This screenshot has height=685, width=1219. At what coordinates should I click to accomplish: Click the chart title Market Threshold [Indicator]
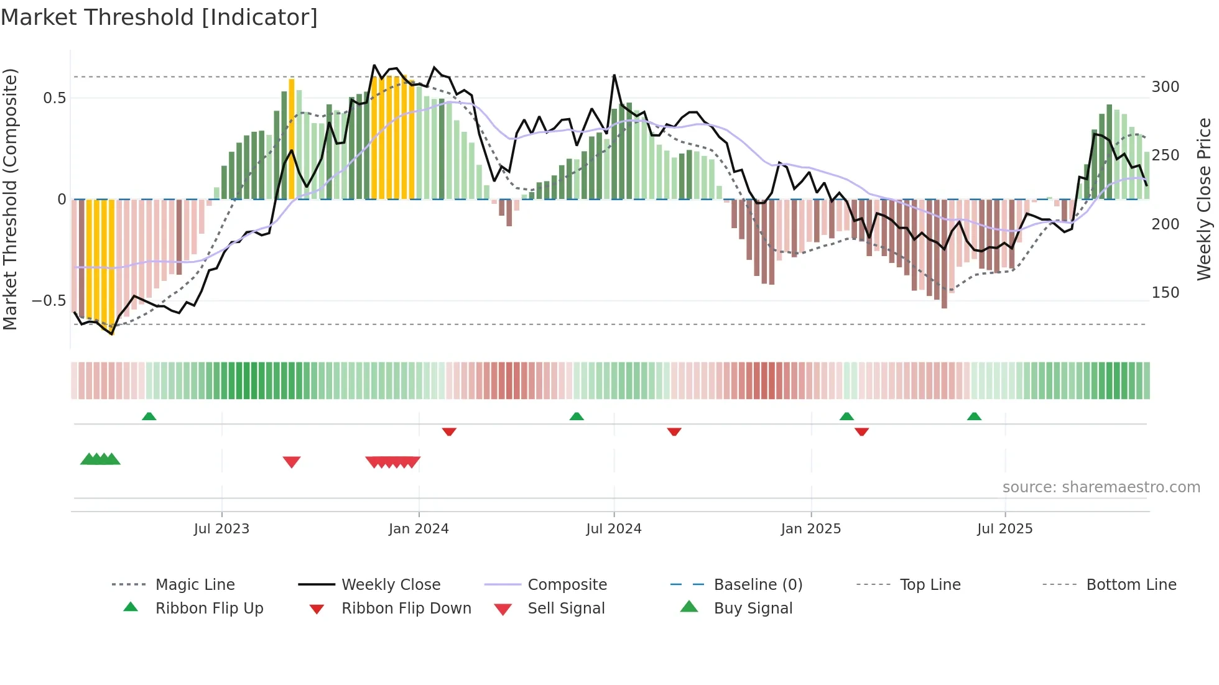click(159, 17)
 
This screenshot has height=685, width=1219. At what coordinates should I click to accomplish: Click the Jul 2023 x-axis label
click(221, 529)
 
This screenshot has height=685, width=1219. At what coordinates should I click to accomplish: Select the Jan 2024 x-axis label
click(419, 529)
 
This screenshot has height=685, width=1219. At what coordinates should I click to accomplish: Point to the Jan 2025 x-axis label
click(811, 529)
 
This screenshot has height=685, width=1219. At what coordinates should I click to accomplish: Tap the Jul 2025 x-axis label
click(1004, 529)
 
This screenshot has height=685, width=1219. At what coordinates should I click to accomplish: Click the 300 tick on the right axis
click(1165, 87)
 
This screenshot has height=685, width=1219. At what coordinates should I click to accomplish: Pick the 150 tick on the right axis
click(1165, 293)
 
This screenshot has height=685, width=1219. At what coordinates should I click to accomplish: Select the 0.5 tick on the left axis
click(54, 98)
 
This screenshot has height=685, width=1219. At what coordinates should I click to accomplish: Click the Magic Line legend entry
click(195, 585)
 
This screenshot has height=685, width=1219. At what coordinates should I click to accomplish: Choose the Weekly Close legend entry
click(391, 585)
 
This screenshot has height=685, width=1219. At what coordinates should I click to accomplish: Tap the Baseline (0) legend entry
click(758, 585)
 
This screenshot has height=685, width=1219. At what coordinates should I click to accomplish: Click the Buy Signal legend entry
click(753, 609)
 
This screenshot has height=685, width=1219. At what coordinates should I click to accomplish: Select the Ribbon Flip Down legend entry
click(406, 609)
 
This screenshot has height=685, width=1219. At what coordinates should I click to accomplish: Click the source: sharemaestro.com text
click(1101, 487)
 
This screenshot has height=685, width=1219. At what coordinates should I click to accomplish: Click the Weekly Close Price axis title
click(1204, 199)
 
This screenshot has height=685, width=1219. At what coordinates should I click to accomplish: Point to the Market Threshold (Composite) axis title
click(10, 199)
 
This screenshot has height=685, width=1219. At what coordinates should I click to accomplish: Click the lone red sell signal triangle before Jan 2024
click(292, 462)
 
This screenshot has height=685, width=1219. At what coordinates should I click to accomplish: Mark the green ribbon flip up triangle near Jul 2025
click(974, 416)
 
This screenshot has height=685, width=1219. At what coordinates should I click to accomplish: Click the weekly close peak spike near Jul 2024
click(614, 76)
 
